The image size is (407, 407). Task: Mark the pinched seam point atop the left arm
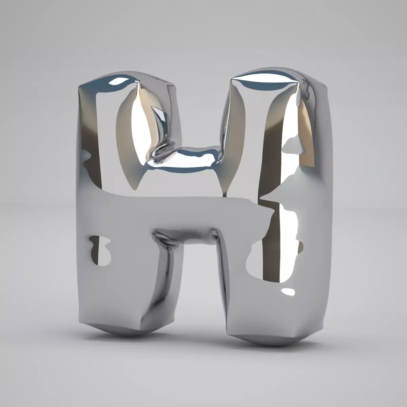click(x=136, y=82)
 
